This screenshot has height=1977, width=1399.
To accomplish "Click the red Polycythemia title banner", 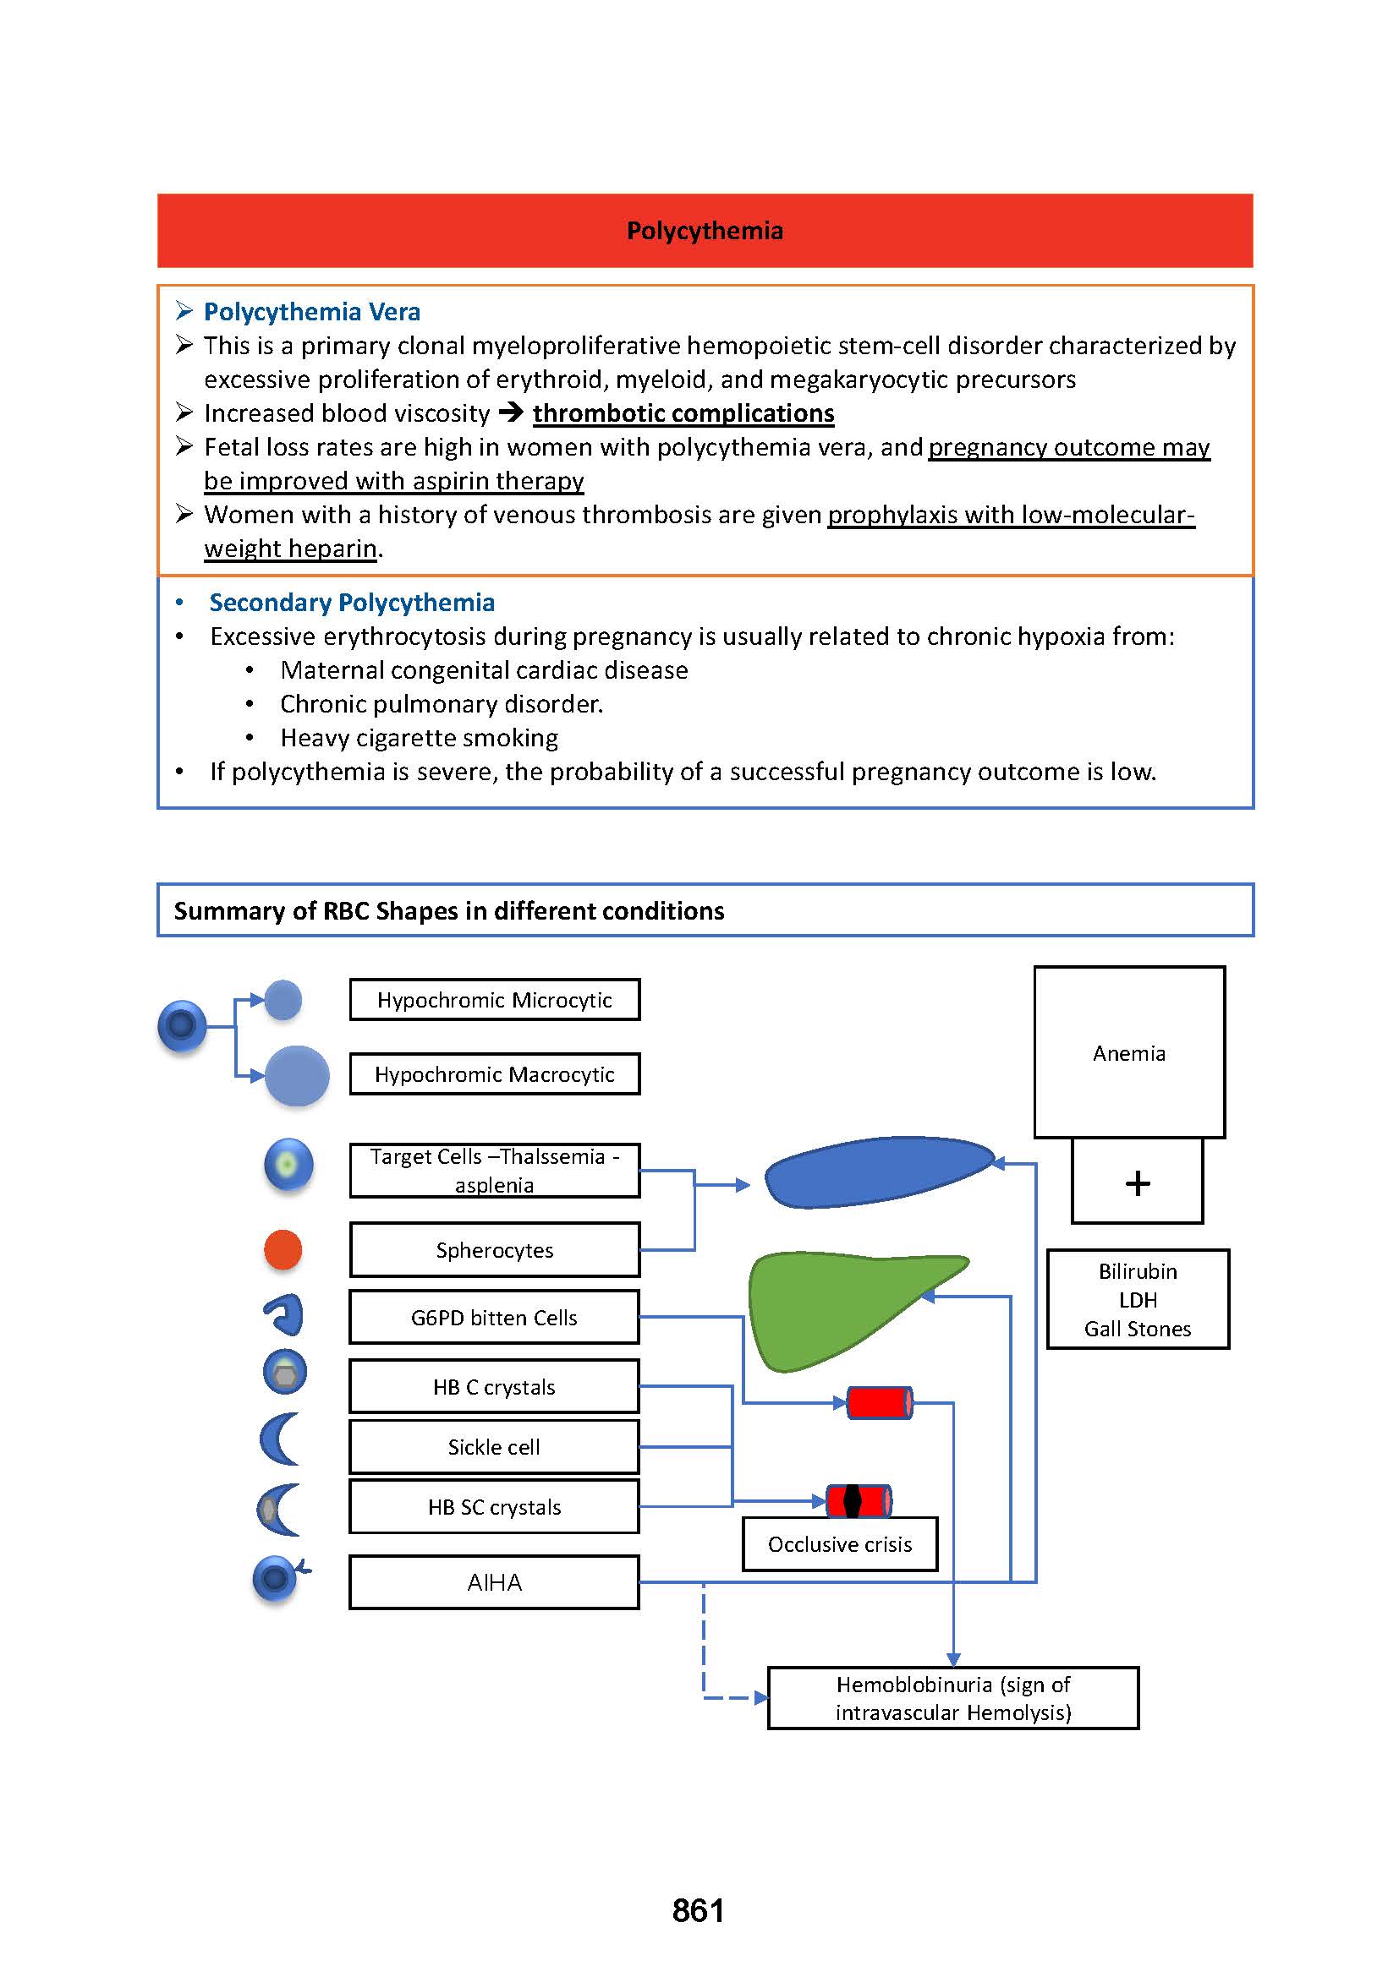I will (x=704, y=231).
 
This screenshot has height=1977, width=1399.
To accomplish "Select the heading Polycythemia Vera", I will (x=312, y=312).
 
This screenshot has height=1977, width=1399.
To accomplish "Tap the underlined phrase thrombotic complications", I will (x=683, y=413).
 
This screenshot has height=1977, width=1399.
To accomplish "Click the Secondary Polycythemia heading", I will (x=352, y=603).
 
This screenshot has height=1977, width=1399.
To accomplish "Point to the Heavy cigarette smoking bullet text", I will (x=419, y=738).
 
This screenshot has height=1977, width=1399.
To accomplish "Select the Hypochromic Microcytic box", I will (x=495, y=1000).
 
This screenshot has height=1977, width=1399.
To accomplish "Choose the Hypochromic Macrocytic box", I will (x=495, y=1074).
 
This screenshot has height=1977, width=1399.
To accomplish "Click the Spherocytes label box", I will (x=495, y=1250).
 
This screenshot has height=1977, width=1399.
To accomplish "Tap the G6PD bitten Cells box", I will (x=495, y=1318).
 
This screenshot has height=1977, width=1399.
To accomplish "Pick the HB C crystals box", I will (x=495, y=1387).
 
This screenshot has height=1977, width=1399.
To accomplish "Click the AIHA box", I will (x=495, y=1582).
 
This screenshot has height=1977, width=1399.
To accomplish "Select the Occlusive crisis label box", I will (x=840, y=1545).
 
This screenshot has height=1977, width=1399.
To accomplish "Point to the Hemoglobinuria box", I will (x=952, y=1699).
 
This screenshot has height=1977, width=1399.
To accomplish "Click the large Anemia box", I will (x=1129, y=1052).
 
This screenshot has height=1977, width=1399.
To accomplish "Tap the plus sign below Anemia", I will (x=1137, y=1183).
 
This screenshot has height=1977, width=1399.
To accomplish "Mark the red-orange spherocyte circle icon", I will (x=283, y=1250).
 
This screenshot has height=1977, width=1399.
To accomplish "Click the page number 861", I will (x=698, y=1911).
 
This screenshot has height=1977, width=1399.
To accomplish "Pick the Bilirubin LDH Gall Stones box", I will (x=1137, y=1299).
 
